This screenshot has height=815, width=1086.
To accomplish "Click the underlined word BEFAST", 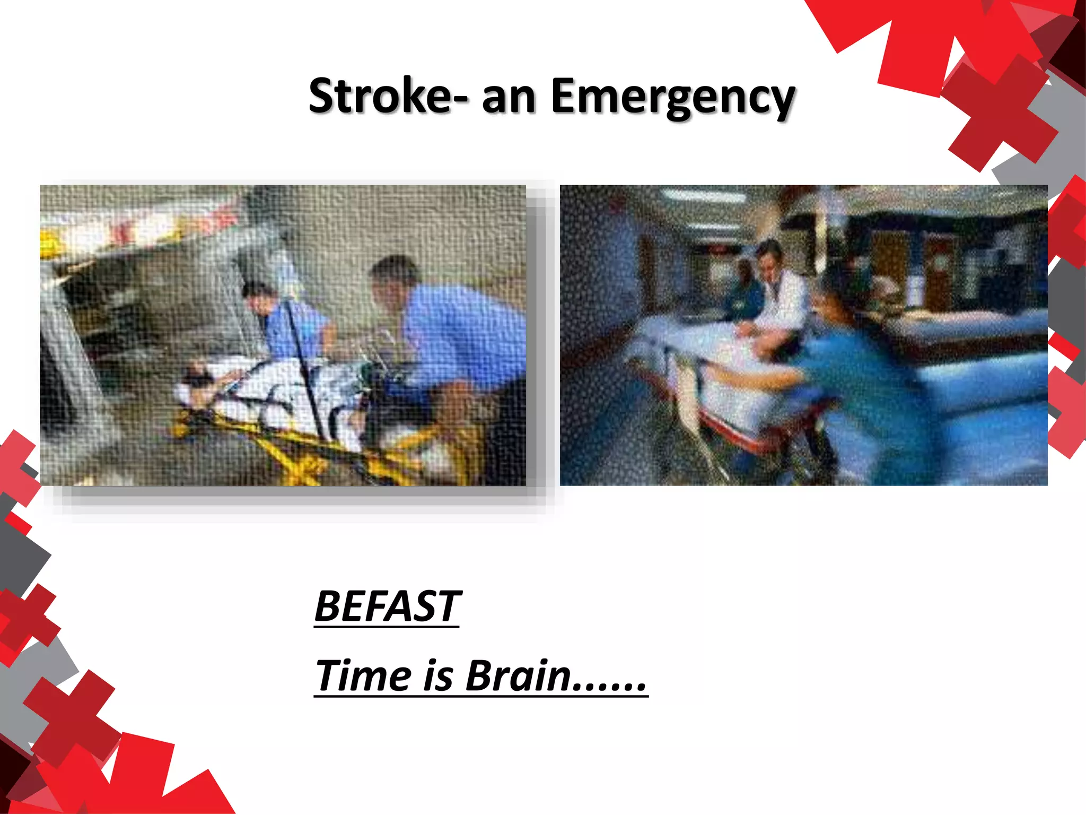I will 387,606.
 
